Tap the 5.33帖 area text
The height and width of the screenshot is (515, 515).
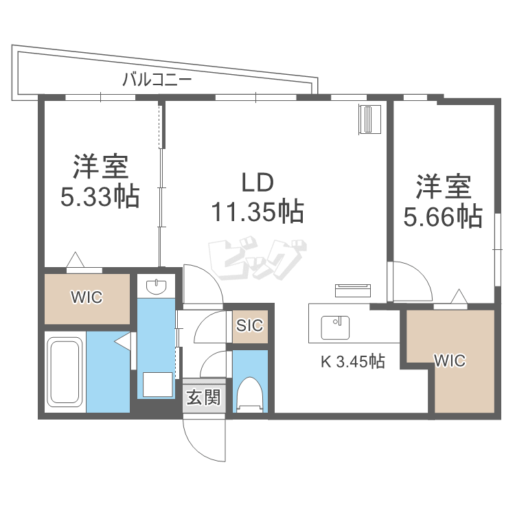[100, 197]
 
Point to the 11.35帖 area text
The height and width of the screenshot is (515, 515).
[257, 213]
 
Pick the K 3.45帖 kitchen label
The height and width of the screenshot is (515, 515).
[353, 360]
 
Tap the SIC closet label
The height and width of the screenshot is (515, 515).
[249, 325]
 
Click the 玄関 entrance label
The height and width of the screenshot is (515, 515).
[204, 397]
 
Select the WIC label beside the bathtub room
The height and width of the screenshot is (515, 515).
[87, 298]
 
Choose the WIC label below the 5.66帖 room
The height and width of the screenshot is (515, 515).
[450, 360]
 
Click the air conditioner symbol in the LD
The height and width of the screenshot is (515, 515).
[371, 120]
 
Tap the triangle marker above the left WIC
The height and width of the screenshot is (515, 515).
[76, 261]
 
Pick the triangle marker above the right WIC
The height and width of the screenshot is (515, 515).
[458, 297]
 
